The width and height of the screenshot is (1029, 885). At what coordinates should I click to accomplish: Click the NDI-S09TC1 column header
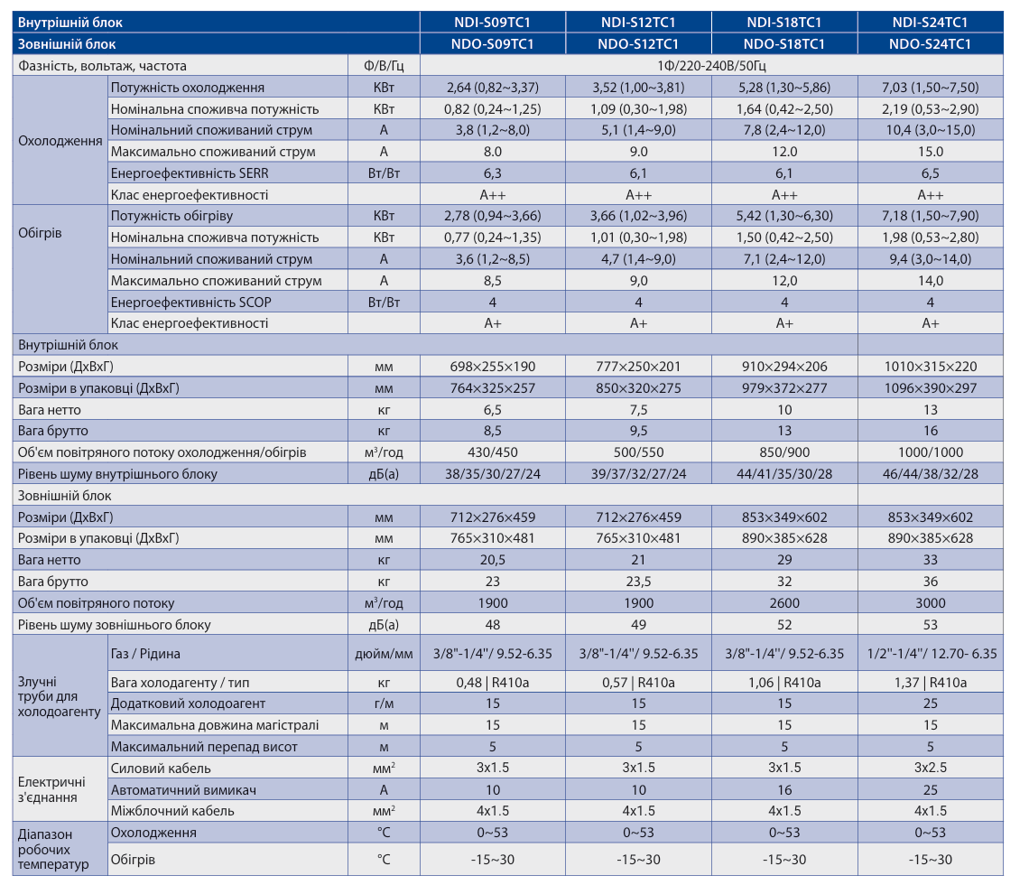click(x=492, y=23)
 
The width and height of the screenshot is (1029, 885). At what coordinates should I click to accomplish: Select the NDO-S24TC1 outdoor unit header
click(x=930, y=44)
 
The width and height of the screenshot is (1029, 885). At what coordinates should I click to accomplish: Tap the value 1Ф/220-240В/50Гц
click(x=711, y=66)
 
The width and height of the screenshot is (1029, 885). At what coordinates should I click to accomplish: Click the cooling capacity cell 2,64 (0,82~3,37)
click(x=492, y=88)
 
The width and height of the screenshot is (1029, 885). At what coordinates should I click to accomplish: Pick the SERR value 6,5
click(x=930, y=173)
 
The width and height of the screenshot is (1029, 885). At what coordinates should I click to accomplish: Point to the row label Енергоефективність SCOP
click(x=191, y=302)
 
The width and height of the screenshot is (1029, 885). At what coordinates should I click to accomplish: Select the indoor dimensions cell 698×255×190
click(x=492, y=367)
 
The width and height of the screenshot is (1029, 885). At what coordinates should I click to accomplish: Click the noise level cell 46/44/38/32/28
click(x=930, y=474)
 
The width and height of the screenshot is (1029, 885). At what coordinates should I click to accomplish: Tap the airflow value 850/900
click(x=784, y=452)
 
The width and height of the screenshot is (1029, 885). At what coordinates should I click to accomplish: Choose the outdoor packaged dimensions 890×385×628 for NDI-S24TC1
click(x=930, y=538)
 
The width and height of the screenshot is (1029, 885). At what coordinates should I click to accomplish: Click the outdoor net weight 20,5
click(x=492, y=560)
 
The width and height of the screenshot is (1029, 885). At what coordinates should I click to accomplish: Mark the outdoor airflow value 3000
click(x=930, y=602)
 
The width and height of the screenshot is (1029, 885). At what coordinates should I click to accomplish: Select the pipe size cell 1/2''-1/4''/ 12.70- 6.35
click(x=932, y=654)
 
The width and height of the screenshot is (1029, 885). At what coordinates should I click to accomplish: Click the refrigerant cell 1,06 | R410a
click(x=784, y=683)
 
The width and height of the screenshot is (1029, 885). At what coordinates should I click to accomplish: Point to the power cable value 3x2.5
click(x=930, y=768)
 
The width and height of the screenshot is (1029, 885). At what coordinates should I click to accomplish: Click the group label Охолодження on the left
click(x=60, y=141)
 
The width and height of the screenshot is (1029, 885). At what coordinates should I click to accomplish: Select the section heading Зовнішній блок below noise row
click(x=64, y=496)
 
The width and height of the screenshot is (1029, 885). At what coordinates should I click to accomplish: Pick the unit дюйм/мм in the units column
click(x=384, y=654)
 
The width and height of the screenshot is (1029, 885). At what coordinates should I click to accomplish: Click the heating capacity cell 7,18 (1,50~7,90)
click(x=930, y=215)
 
